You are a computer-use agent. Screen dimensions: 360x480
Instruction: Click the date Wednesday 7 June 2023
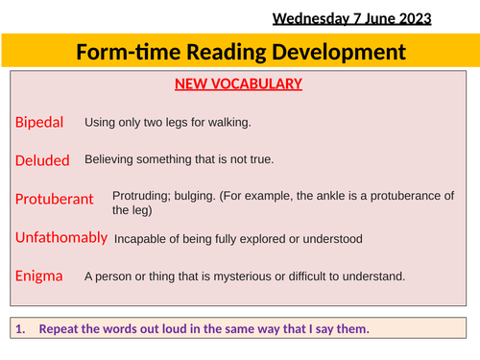tap(351, 17)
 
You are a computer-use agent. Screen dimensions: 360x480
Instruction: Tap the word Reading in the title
tap(232, 52)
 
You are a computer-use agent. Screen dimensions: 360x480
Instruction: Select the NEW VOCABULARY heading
tap(238, 84)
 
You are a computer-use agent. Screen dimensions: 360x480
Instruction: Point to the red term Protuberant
tap(54, 200)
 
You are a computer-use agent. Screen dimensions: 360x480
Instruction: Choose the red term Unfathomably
tap(60, 237)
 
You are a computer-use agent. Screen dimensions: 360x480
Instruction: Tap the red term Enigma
tap(38, 276)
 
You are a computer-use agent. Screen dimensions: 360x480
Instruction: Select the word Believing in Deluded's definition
tap(110, 160)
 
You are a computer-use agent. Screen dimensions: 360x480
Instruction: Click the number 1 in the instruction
tap(21, 329)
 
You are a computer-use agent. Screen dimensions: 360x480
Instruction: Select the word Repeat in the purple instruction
tap(60, 329)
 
